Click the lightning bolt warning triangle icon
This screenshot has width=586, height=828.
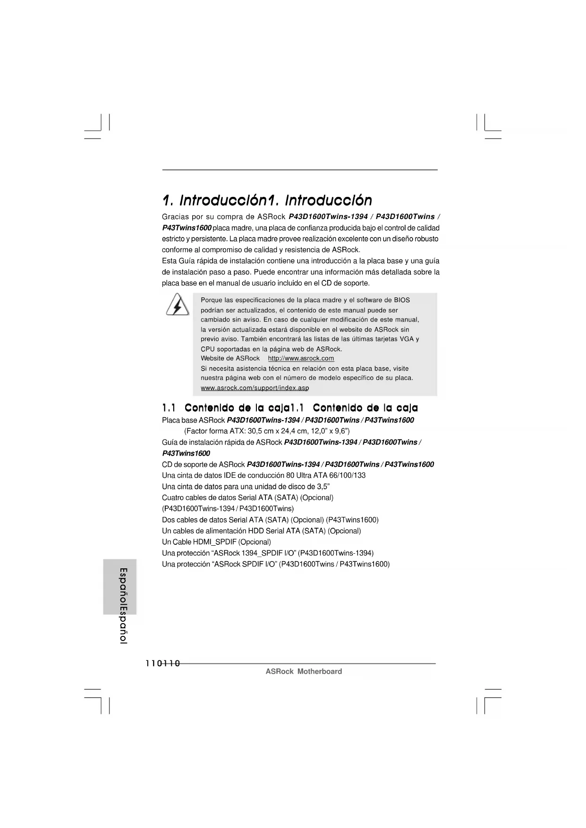pyautogui.click(x=177, y=305)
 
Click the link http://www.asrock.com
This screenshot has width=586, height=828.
pyautogui.click(x=301, y=358)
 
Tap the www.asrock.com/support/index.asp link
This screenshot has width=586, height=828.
pyautogui.click(x=255, y=388)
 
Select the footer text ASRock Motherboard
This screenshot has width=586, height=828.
pyautogui.click(x=304, y=671)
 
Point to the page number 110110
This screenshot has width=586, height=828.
pyautogui.click(x=163, y=664)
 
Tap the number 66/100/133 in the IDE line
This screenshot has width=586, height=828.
pyautogui.click(x=347, y=475)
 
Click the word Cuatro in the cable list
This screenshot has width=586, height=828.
pyautogui.click(x=173, y=498)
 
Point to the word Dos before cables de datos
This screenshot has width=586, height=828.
pyautogui.click(x=168, y=520)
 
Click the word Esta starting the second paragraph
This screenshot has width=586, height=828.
pyautogui.click(x=169, y=261)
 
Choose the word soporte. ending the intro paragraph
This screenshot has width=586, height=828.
pyautogui.click(x=356, y=283)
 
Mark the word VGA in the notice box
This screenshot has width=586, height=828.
pyautogui.click(x=407, y=339)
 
